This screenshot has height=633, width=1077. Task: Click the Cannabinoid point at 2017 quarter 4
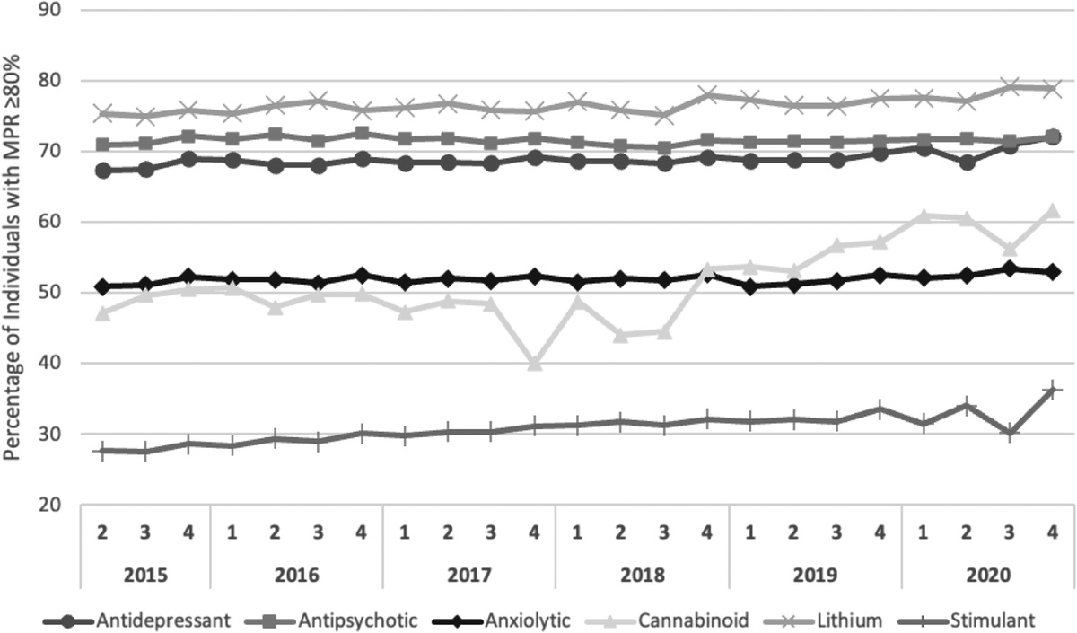click(x=535, y=364)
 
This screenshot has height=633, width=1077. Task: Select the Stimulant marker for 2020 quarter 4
click(x=1054, y=391)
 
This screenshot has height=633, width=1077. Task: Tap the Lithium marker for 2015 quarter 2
click(x=103, y=114)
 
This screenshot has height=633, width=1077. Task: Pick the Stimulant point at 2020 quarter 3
click(x=1011, y=434)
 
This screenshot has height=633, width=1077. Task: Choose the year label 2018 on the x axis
click(x=643, y=574)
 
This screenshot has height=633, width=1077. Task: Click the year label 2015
click(x=146, y=574)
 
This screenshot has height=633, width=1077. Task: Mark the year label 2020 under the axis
click(x=989, y=574)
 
